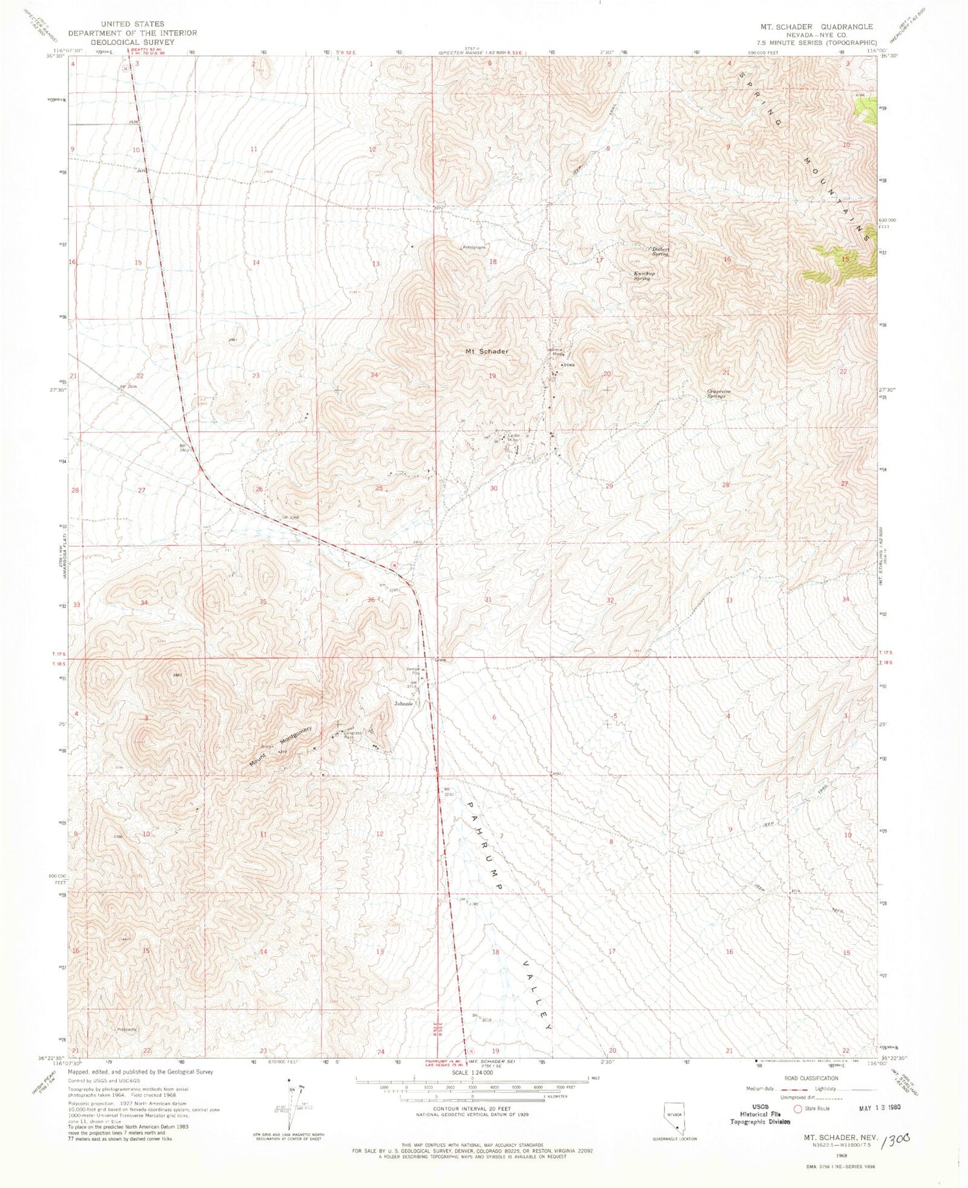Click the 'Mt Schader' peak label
(487, 351)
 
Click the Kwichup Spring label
(641, 276)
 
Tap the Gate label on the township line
(441, 660)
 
